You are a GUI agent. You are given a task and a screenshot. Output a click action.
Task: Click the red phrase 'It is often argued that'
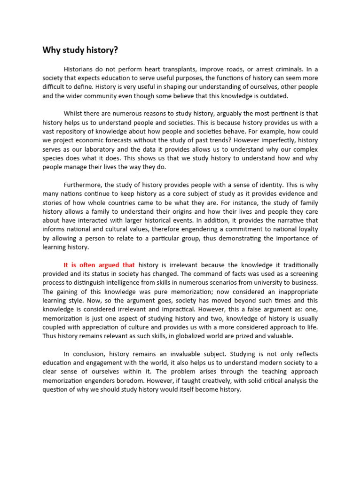tap(99, 265)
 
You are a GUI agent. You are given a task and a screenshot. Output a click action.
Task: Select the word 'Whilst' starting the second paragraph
tap(73, 113)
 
